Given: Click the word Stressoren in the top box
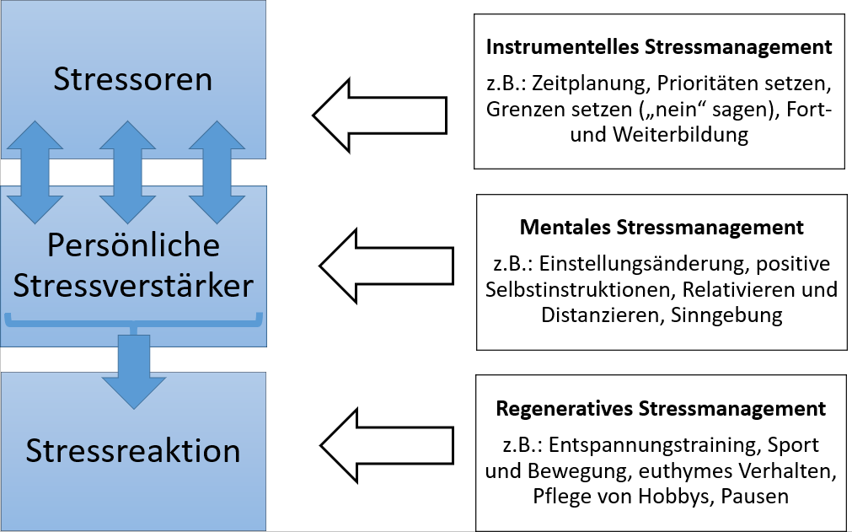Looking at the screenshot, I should [x=133, y=79].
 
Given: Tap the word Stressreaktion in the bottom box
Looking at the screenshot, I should [x=133, y=450].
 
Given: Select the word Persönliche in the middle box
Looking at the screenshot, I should [x=133, y=245].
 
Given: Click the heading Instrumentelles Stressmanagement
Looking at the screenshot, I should [x=659, y=46].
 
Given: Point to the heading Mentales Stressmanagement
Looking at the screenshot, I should [x=662, y=227].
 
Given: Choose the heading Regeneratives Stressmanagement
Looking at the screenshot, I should [x=661, y=409].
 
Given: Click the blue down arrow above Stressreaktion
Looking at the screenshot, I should [x=134, y=369].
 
